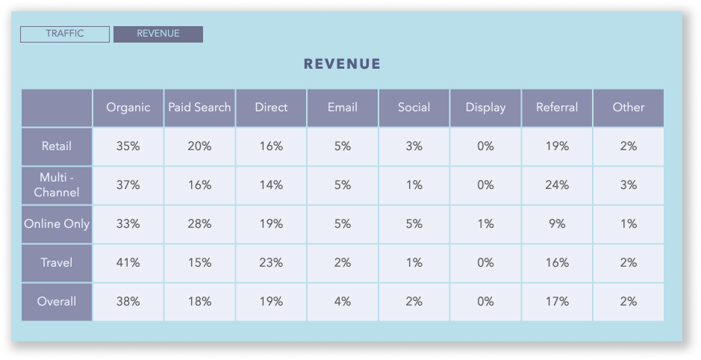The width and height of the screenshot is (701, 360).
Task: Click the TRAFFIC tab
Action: coord(65,34)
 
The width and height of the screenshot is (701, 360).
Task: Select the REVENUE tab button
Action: coord(158,34)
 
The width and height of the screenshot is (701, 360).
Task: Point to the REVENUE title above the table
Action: coord(342,64)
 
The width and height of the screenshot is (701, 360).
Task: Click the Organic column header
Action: coord(128,108)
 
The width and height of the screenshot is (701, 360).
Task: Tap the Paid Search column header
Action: coord(199,108)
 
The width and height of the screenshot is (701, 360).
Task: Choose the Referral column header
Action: coord(557,108)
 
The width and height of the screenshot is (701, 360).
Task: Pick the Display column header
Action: coord(485,108)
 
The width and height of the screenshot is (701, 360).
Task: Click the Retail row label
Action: coord(57,146)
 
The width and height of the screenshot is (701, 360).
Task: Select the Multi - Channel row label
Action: coord(57,185)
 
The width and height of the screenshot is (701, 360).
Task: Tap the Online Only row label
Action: coord(57,224)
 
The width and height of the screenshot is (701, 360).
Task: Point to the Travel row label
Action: coord(57,263)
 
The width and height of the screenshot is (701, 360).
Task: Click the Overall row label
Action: coord(57,302)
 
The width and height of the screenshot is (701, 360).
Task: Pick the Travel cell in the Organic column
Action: coord(128,263)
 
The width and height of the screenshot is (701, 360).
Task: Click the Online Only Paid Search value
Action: coord(199,224)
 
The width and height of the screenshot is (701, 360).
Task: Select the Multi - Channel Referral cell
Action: coord(557,185)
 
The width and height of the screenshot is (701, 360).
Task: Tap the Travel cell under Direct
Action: coord(271,263)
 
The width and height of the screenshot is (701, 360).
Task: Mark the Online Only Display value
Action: coord(485,224)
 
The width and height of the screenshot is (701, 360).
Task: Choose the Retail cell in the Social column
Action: coord(414,146)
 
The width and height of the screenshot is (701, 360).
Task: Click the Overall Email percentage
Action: coord(343,302)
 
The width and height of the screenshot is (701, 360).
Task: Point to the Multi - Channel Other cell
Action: coord(628,185)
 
